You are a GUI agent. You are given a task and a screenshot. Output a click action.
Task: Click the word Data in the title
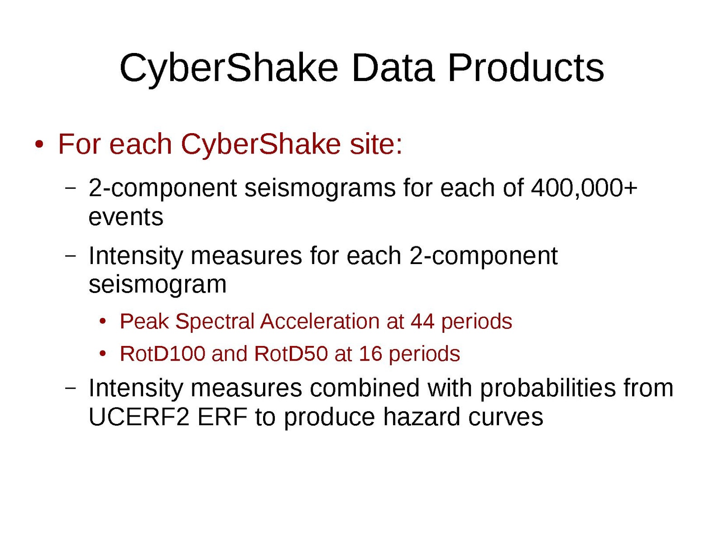393,68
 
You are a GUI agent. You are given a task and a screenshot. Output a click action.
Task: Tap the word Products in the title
526,68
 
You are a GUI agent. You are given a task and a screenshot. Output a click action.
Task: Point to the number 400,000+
584,188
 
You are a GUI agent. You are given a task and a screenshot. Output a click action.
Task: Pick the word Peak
144,321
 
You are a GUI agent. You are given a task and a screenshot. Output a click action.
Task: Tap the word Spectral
215,322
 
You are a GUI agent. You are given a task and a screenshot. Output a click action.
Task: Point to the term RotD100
163,353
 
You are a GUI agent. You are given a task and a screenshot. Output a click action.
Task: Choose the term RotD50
291,353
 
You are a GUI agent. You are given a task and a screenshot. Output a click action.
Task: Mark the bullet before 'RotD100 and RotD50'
103,353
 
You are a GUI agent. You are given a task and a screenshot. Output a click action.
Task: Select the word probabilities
548,388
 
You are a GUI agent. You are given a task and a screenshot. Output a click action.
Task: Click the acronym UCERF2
139,417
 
